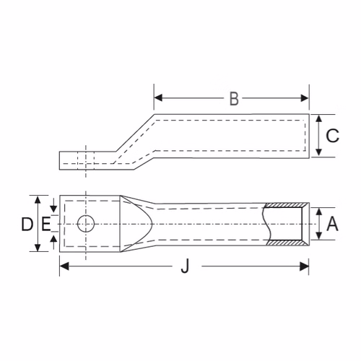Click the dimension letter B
[x=234, y=98]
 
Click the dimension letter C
[x=332, y=135]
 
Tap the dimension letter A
[x=332, y=224]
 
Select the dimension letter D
[x=27, y=224]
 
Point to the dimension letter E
[x=46, y=224]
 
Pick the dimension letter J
[x=185, y=266]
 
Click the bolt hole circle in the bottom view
[x=86, y=224]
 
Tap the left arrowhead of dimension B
[x=158, y=98]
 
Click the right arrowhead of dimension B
[x=305, y=98]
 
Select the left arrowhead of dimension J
[x=64, y=266]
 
